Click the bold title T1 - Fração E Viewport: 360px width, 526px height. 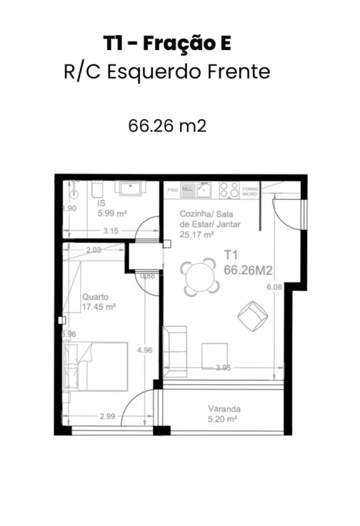click(x=167, y=44)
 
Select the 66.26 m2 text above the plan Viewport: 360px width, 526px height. click(x=167, y=126)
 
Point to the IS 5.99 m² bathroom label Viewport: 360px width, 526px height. click(x=112, y=209)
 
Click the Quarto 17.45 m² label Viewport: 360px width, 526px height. click(x=99, y=302)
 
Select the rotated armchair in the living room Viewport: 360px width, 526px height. click(x=253, y=315)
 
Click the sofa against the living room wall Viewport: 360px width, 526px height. click(x=175, y=352)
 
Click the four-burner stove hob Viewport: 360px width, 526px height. click(x=229, y=190)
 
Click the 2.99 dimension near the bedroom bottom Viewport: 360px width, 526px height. click(x=107, y=416)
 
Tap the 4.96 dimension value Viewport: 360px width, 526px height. click(x=144, y=350)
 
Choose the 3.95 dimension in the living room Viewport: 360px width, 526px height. click(x=223, y=368)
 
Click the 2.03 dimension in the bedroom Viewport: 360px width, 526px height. click(x=93, y=251)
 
